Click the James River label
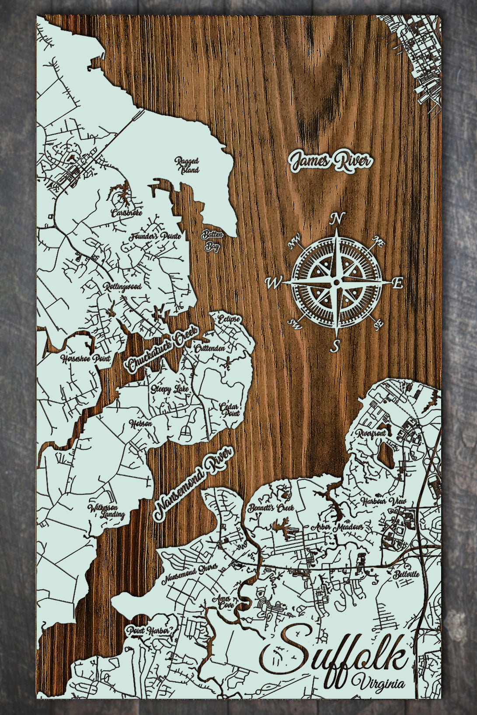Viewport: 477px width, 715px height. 330,161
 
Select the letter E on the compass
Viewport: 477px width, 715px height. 397,283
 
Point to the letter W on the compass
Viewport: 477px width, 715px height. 272,283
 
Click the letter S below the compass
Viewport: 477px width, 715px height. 335,346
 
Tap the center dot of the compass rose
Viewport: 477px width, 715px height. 336,283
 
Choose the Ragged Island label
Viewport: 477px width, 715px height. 187,165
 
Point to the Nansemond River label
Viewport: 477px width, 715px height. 193,484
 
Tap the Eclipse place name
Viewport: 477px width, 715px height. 229,318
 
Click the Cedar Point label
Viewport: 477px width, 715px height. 230,410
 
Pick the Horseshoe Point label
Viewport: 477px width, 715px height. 85,359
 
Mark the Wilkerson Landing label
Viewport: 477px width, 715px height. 107,511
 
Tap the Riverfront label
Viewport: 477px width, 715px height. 372,434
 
